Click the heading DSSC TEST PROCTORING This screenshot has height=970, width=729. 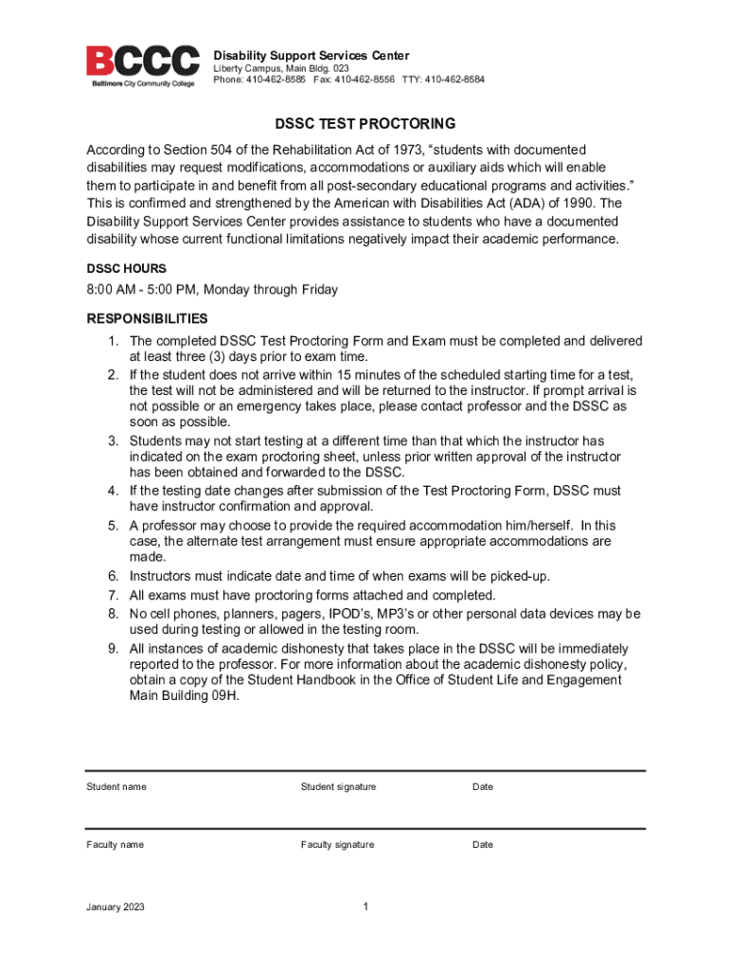click(x=364, y=124)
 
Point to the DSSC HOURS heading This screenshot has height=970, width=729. click(x=126, y=269)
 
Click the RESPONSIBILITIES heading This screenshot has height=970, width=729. click(x=147, y=319)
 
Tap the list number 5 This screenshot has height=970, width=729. click(x=112, y=526)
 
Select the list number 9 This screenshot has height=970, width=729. click(x=112, y=649)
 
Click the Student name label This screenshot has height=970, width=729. click(x=116, y=787)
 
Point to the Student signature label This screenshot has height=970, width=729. click(x=338, y=787)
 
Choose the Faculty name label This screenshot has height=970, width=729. click(x=116, y=845)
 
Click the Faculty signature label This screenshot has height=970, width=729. click(x=337, y=845)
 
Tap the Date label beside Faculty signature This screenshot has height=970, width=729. click(x=483, y=845)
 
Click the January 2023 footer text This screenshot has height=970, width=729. click(x=116, y=907)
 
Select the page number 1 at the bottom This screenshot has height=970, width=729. click(x=364, y=907)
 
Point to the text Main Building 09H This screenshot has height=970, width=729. click(x=185, y=695)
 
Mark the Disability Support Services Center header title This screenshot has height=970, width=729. click(x=311, y=56)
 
